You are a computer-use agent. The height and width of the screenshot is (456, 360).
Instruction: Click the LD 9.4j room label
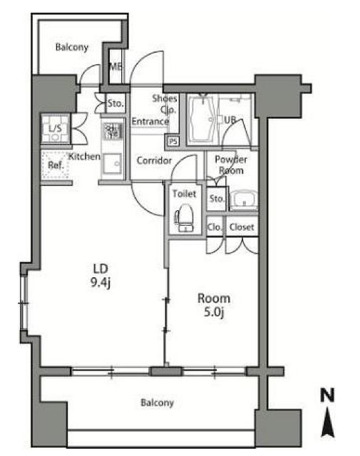point(101,276)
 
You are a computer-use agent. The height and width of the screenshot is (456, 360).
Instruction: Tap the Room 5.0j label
point(214,305)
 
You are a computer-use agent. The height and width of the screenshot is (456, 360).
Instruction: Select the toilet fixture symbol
point(184,217)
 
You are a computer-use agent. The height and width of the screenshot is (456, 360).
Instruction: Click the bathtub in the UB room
point(202,120)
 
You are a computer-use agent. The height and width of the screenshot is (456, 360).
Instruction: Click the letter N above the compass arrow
point(327,395)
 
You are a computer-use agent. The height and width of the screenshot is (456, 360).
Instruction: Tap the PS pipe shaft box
point(173,141)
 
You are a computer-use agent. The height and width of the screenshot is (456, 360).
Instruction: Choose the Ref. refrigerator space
point(56,165)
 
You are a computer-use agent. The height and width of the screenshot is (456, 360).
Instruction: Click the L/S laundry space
point(56,129)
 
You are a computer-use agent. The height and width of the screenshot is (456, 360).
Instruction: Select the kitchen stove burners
point(113,130)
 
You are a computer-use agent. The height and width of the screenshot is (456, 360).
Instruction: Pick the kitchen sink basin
point(113,164)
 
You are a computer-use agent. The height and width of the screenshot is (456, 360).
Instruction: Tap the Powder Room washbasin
point(244,199)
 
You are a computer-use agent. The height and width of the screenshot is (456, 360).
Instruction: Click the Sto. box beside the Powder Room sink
point(217,199)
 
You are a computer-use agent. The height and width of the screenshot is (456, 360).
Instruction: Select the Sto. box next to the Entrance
point(115,103)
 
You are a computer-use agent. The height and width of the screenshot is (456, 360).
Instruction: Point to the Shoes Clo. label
point(165,104)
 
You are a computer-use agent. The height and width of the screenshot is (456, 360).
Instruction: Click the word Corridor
point(154,160)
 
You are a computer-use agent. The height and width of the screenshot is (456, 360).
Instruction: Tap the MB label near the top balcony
point(115,67)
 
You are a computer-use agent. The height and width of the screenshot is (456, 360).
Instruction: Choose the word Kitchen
point(84,157)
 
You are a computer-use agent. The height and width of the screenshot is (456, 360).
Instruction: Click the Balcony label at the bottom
point(157,403)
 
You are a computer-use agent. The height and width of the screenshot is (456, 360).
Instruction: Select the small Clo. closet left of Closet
point(215,227)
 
